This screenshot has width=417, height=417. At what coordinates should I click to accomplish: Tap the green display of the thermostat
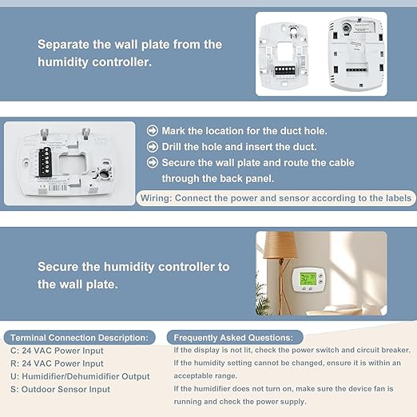click(x=306, y=280)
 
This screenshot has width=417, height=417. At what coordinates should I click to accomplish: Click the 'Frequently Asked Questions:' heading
click(x=234, y=338)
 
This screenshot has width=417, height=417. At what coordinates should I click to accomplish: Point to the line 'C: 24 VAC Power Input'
click(x=58, y=351)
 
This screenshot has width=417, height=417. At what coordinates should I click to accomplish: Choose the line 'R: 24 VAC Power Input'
click(x=58, y=364)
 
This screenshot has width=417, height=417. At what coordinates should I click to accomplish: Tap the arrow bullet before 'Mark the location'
click(x=153, y=130)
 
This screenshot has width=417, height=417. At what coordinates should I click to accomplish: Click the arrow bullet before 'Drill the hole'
click(x=153, y=147)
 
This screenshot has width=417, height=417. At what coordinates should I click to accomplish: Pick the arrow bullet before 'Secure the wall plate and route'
click(x=153, y=163)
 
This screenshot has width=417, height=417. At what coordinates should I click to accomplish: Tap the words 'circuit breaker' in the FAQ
click(x=383, y=351)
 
